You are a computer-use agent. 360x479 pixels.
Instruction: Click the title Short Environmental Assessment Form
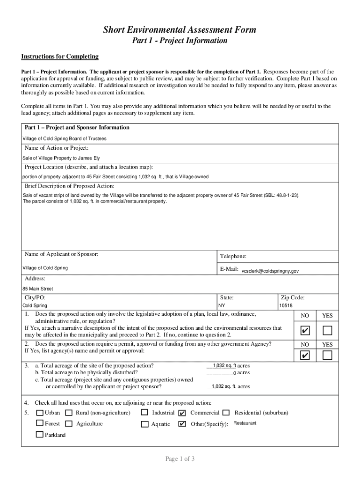pyautogui.click(x=180, y=30)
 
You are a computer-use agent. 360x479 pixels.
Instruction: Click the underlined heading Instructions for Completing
pyautogui.click(x=60, y=57)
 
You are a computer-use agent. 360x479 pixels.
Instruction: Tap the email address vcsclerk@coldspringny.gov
pyautogui.click(x=270, y=271)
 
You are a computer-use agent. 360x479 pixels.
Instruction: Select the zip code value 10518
pyautogui.click(x=286, y=305)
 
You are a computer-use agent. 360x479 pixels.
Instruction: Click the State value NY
pyautogui.click(x=222, y=305)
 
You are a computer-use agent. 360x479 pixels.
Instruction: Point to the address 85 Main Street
pyautogui.click(x=38, y=289)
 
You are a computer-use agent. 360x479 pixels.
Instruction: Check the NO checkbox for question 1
pyautogui.click(x=305, y=331)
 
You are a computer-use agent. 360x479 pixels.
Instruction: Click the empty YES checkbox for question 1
pyautogui.click(x=327, y=331)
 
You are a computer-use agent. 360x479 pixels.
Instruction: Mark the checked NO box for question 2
pyautogui.click(x=305, y=356)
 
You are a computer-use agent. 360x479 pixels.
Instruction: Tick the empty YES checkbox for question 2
pyautogui.click(x=327, y=356)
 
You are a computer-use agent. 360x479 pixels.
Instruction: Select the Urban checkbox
pyautogui.click(x=40, y=413)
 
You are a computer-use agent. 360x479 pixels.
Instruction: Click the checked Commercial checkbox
pyautogui.click(x=182, y=413)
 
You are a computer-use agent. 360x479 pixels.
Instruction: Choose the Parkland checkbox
pyautogui.click(x=40, y=435)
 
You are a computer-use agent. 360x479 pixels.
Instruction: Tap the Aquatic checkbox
pyautogui.click(x=145, y=424)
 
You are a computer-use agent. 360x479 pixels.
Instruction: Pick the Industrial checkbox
pyautogui.click(x=145, y=413)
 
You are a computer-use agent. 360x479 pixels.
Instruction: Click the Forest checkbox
pyautogui.click(x=40, y=423)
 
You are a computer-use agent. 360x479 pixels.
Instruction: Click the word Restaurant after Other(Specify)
pyautogui.click(x=245, y=423)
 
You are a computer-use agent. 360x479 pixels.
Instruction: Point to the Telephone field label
pyautogui.click(x=233, y=256)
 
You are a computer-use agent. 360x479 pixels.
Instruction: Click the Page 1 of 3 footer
pyautogui.click(x=180, y=459)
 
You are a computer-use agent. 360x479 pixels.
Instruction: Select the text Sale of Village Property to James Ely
pyautogui.click(x=61, y=158)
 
